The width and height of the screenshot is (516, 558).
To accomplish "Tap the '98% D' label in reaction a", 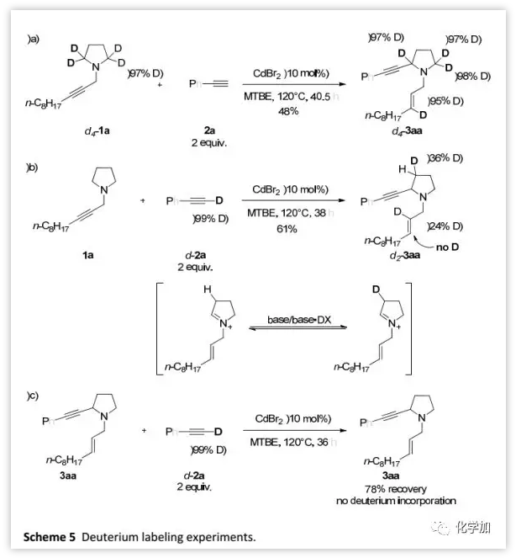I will (471, 76).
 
